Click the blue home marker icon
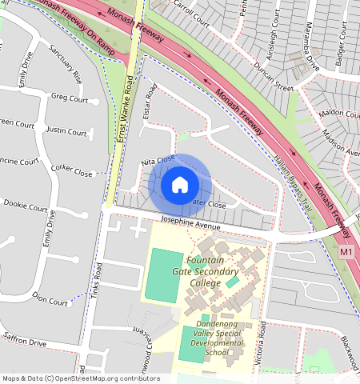click(x=180, y=185)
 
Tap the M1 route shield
click(x=346, y=252)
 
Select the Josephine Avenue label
click(x=190, y=226)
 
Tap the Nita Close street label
click(x=158, y=162)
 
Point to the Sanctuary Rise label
click(x=65, y=65)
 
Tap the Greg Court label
click(x=69, y=98)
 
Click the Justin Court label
click(x=66, y=130)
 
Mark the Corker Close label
click(x=72, y=169)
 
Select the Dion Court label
click(x=50, y=302)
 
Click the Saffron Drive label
click(x=26, y=341)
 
